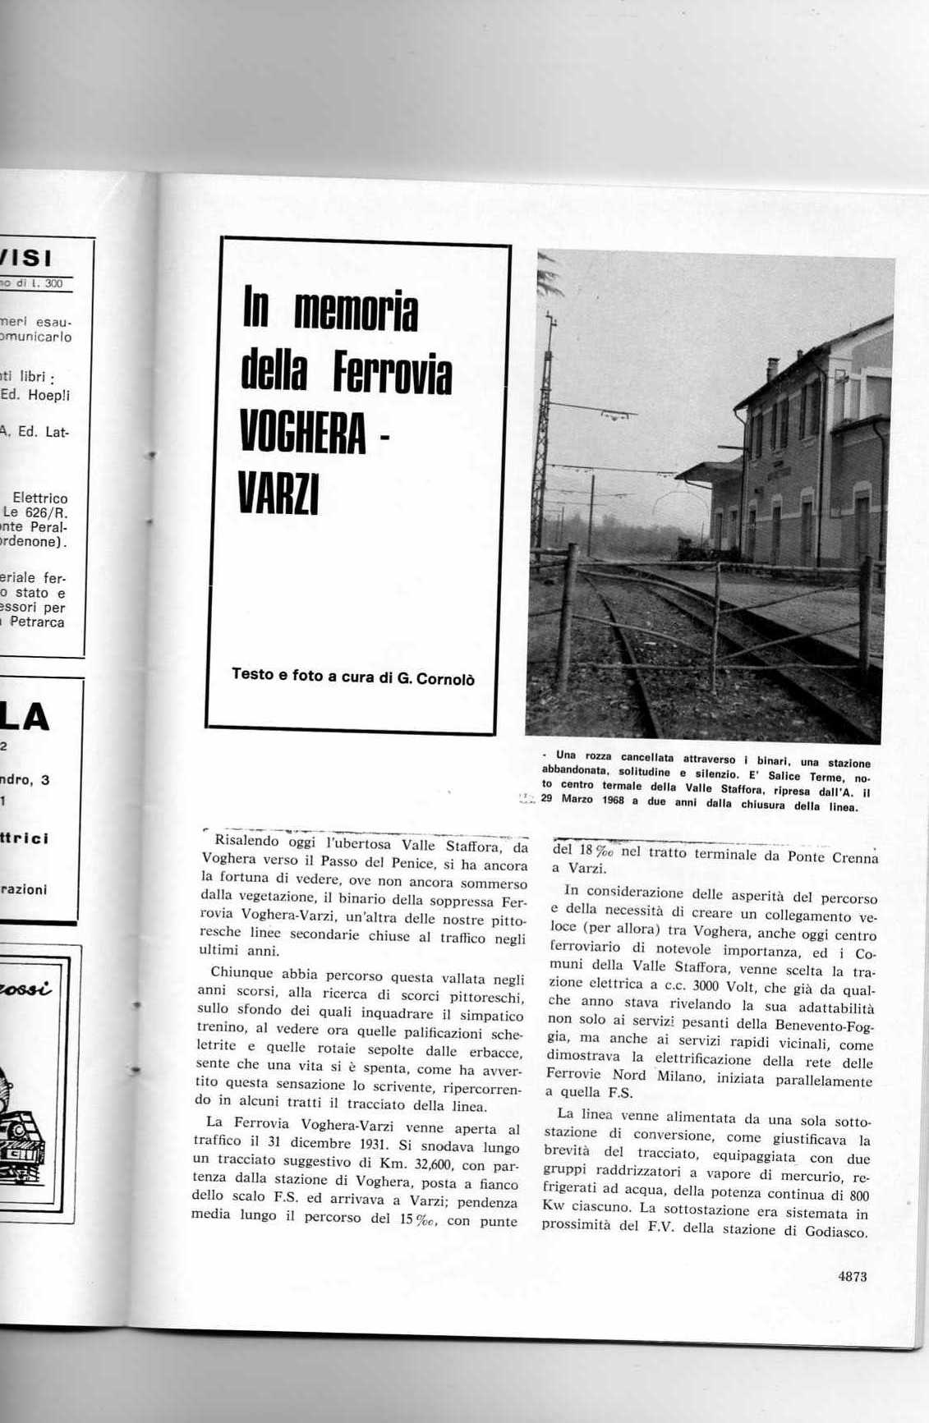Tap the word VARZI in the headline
point(278,492)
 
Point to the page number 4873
point(853,1276)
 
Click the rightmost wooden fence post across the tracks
point(864,616)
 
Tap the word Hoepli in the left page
point(48,395)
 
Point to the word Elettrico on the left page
point(40,498)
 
